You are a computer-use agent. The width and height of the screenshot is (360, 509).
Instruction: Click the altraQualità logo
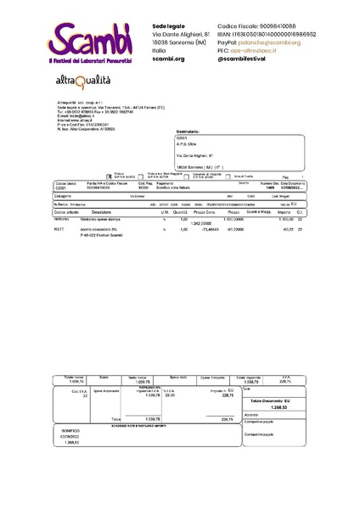[83, 81]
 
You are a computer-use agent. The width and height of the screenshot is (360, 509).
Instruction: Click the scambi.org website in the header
[168, 59]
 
